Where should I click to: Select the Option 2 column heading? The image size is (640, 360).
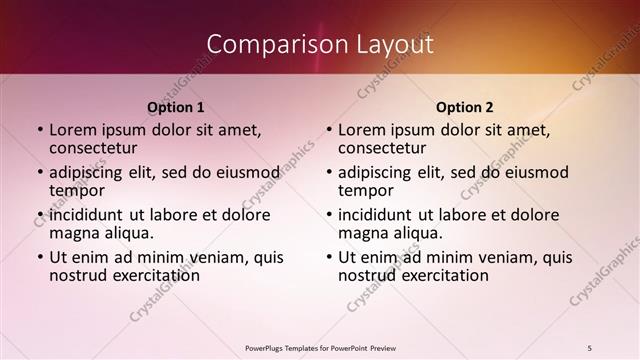pos(464,107)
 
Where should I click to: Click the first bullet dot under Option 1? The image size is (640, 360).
pos(40,130)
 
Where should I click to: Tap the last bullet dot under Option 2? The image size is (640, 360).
pos(329,257)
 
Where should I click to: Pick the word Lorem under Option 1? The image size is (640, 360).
pos(72,130)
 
